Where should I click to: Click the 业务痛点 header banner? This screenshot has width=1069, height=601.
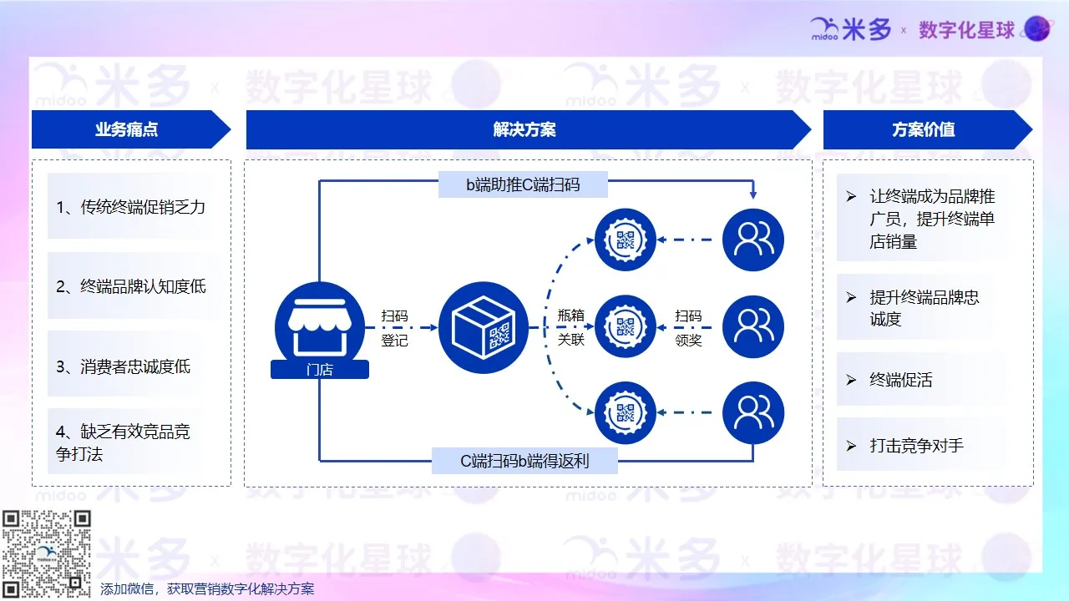(126, 129)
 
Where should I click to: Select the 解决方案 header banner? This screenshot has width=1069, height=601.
(524, 129)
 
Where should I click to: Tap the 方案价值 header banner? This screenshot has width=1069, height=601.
(923, 129)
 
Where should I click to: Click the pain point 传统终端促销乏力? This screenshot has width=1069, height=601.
(130, 207)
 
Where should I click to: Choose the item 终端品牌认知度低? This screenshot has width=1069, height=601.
(131, 286)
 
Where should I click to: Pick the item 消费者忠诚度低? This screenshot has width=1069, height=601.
(124, 366)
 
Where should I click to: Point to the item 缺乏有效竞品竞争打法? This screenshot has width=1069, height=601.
(124, 442)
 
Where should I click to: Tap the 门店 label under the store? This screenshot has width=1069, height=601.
(320, 370)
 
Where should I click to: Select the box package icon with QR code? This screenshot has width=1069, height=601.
(484, 327)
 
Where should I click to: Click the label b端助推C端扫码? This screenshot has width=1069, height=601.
(523, 184)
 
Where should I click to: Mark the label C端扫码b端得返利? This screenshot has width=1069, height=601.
(524, 460)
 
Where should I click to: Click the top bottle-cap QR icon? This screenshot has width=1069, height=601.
(626, 240)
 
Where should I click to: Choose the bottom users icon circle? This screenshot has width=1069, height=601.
(753, 412)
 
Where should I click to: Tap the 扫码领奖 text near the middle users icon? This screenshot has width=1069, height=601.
(688, 328)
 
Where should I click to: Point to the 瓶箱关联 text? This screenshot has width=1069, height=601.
(571, 328)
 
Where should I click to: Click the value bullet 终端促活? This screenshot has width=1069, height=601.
(900, 380)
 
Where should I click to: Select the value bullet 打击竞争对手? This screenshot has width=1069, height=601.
(916, 446)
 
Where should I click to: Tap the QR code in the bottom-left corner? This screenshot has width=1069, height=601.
(46, 553)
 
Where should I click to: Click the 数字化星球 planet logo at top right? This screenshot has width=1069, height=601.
(1037, 29)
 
